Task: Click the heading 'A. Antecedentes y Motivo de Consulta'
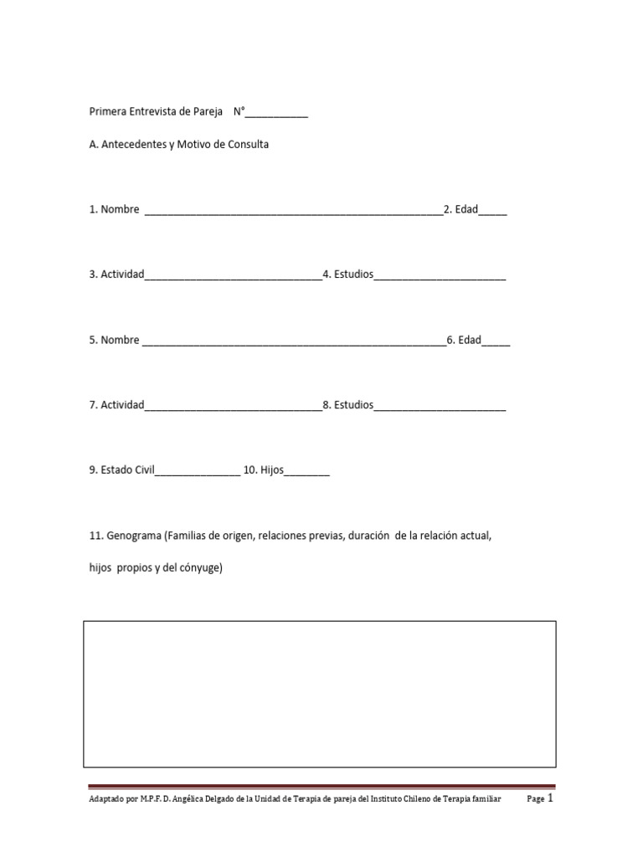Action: pyautogui.click(x=179, y=144)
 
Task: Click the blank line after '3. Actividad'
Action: pyautogui.click(x=233, y=276)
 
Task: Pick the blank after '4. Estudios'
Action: pyautogui.click(x=440, y=276)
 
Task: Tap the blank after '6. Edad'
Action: pyautogui.click(x=496, y=341)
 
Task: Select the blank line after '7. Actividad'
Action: pyautogui.click(x=233, y=407)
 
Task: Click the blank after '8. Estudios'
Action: pyautogui.click(x=440, y=407)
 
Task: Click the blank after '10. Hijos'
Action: pyautogui.click(x=307, y=472)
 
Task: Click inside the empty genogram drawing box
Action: pyautogui.click(x=320, y=693)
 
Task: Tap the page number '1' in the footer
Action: pyautogui.click(x=550, y=798)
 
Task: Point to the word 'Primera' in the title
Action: pyautogui.click(x=107, y=111)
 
